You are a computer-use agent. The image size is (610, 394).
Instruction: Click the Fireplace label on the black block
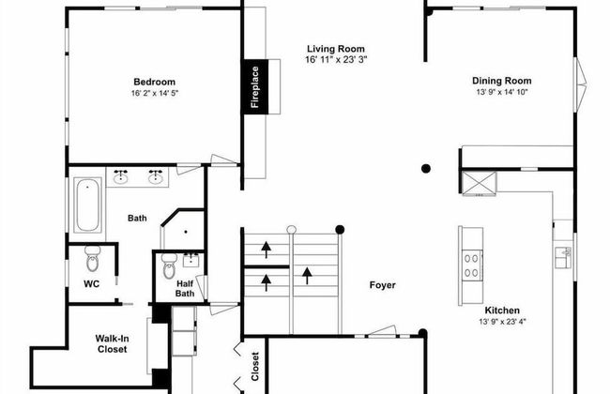point(255,87)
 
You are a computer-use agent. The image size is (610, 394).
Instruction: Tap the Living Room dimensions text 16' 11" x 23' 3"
point(337,59)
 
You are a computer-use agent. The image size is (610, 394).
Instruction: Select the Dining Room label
point(502,81)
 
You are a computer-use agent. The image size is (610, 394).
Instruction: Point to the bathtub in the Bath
point(87,205)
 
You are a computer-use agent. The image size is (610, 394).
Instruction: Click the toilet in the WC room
point(93,258)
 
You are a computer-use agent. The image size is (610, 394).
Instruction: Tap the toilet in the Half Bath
point(169,265)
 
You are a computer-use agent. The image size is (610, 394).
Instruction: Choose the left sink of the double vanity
point(121,176)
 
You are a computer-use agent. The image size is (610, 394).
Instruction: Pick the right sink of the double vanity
point(156,176)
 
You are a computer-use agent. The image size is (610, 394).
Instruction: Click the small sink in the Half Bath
point(191,260)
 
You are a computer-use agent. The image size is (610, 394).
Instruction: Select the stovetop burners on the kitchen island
point(471,265)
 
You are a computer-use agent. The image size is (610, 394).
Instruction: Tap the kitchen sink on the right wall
point(563,257)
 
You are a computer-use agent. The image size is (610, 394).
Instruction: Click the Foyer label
point(382,285)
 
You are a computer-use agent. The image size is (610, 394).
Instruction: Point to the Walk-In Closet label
point(113,344)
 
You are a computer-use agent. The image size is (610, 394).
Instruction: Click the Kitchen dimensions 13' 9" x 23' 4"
point(502,322)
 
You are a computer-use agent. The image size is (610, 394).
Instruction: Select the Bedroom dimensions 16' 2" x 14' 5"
point(155,94)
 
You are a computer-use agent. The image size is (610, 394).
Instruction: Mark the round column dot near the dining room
point(426,169)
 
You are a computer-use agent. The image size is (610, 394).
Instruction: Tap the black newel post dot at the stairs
point(340,230)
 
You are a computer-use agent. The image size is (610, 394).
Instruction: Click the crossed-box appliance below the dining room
point(479,183)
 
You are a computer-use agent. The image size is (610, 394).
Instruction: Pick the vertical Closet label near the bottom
point(255,367)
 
